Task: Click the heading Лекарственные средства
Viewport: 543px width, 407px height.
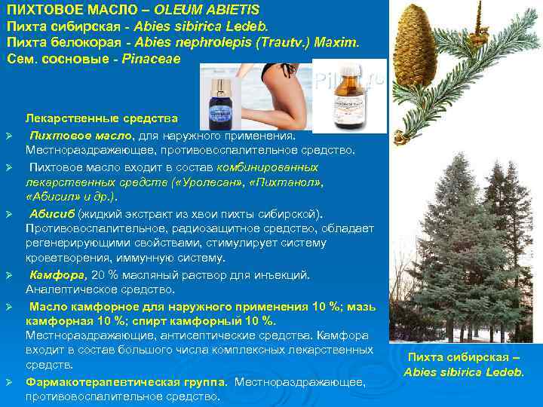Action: [102, 119]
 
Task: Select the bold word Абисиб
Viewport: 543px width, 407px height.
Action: [50, 213]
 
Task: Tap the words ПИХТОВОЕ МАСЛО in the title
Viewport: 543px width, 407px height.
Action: [54, 10]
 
